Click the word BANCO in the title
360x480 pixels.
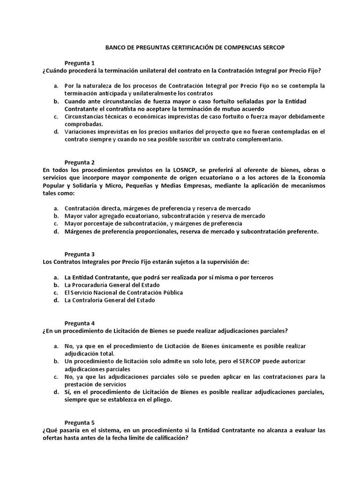(x=116, y=48)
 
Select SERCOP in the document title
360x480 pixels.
(x=278, y=48)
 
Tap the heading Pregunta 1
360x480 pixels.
(x=80, y=63)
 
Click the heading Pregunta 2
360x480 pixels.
(x=80, y=162)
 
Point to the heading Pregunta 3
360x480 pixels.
(x=80, y=254)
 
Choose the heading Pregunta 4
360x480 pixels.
(x=80, y=323)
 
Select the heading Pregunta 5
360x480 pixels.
(x=80, y=422)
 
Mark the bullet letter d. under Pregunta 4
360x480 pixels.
(x=56, y=392)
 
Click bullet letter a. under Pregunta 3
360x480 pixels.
(x=56, y=277)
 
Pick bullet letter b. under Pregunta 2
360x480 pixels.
(x=56, y=216)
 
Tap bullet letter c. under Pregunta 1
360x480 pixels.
(x=56, y=116)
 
